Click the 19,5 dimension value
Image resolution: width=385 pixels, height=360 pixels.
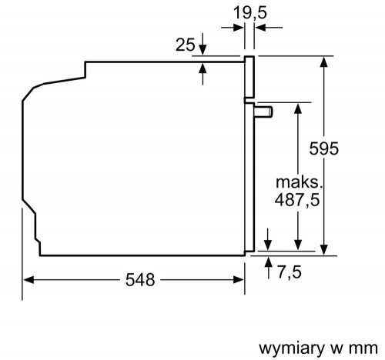(250, 12)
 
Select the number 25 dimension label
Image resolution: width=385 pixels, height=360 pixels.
(186, 45)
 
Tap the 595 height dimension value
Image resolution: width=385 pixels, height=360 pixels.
(324, 148)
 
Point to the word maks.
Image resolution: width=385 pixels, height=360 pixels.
(299, 182)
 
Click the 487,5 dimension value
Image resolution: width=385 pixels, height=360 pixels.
(297, 200)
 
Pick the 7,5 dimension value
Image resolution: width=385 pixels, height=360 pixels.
(289, 272)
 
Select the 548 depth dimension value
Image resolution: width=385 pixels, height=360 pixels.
(140, 279)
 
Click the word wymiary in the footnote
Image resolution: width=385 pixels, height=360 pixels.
(292, 348)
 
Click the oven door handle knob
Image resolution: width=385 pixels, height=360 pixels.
(263, 112)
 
